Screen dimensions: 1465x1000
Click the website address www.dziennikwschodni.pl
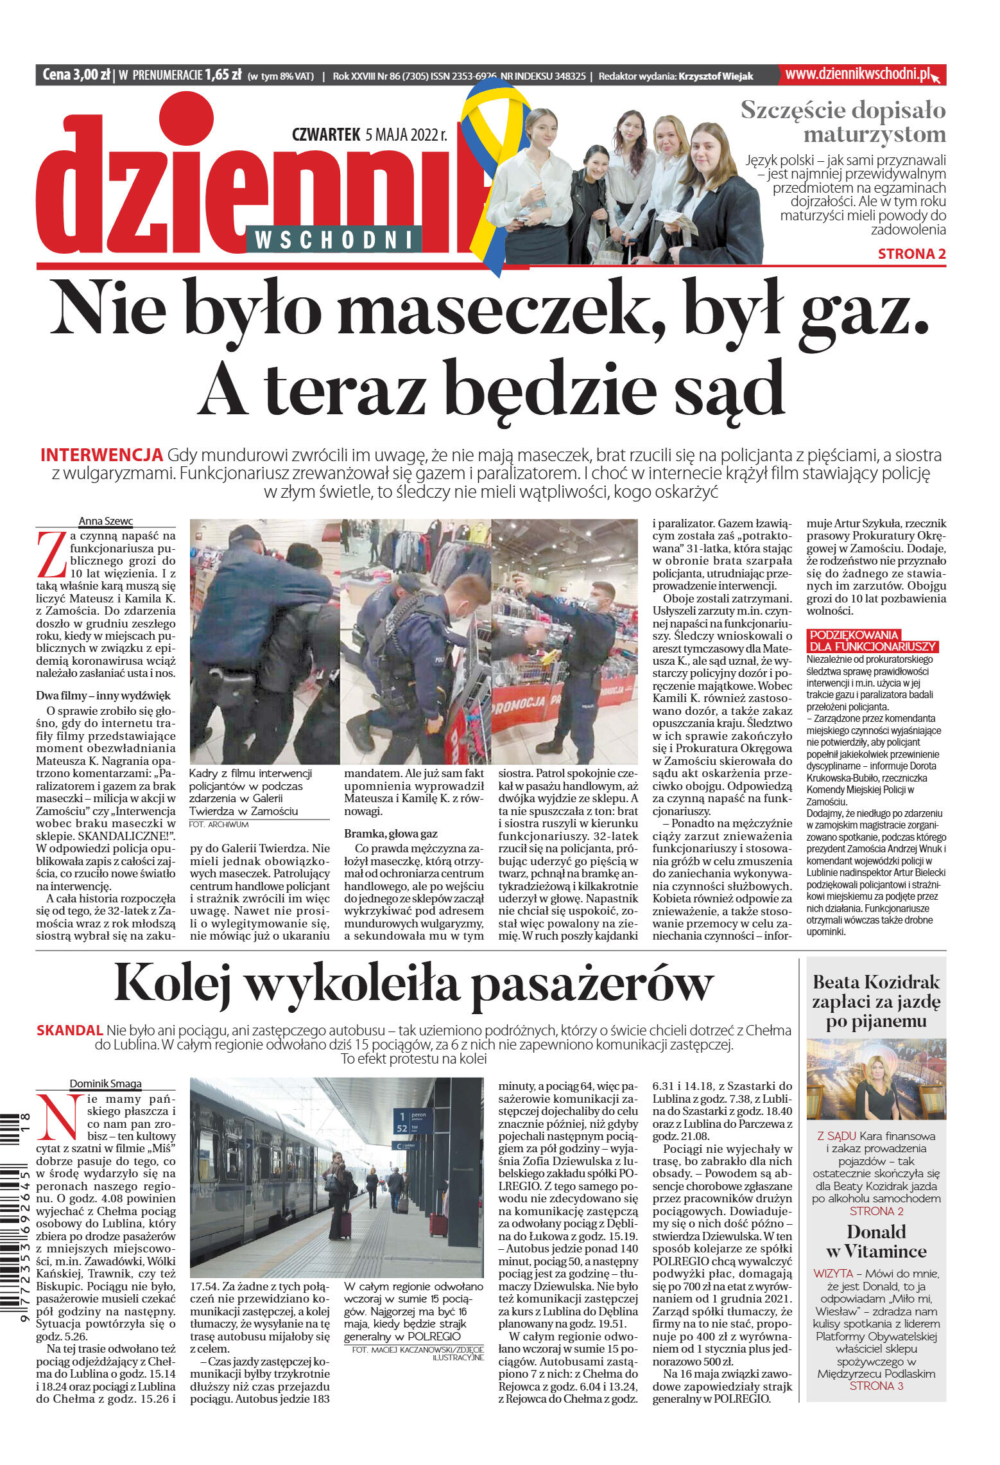click(857, 75)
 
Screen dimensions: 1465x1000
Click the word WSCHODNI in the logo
click(333, 240)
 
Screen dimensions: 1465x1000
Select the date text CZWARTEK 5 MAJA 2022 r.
click(369, 135)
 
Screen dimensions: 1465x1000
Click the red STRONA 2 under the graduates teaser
click(911, 254)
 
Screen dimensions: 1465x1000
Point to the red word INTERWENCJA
click(101, 455)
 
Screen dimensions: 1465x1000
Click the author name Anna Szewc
click(105, 521)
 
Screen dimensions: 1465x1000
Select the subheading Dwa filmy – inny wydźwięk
click(103, 695)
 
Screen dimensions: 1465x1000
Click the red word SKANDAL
click(69, 1030)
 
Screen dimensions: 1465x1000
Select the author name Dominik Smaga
click(105, 1083)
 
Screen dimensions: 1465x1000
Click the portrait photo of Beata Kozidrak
click(875, 1079)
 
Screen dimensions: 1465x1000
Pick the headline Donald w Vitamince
click(875, 1241)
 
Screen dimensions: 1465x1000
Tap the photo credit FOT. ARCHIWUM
click(218, 824)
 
